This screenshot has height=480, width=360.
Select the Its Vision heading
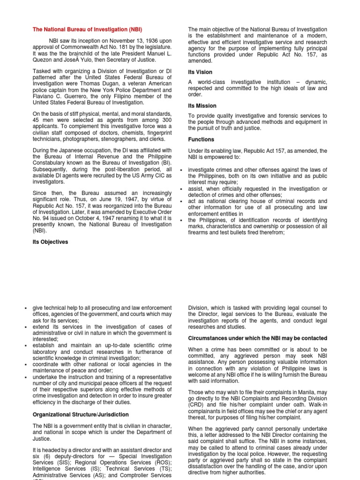click(x=200, y=72)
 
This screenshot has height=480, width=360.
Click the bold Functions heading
click(x=201, y=139)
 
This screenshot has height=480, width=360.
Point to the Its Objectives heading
click(x=50, y=242)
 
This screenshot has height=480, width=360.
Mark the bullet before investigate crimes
click(x=181, y=170)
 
